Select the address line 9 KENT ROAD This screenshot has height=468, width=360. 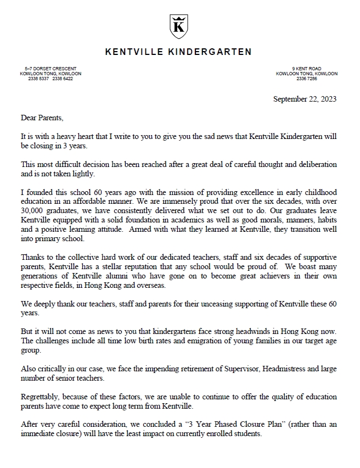pos(307,68)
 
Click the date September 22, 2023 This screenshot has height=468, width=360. pos(305,99)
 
